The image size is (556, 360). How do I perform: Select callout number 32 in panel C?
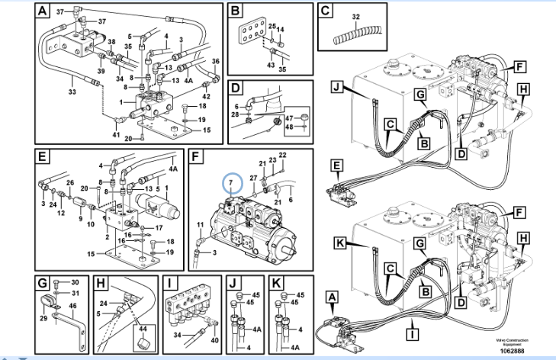coord(355,16)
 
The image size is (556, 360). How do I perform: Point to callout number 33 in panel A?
coord(72,92)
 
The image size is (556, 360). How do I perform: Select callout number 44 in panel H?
coord(142,328)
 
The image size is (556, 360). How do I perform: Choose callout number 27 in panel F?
coord(253,178)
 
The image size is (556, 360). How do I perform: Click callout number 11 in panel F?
coord(201,223)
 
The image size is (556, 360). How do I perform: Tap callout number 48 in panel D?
coord(291,127)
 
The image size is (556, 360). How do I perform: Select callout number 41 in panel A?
coord(117,135)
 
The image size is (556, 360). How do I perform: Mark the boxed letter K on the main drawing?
coord(341,245)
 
